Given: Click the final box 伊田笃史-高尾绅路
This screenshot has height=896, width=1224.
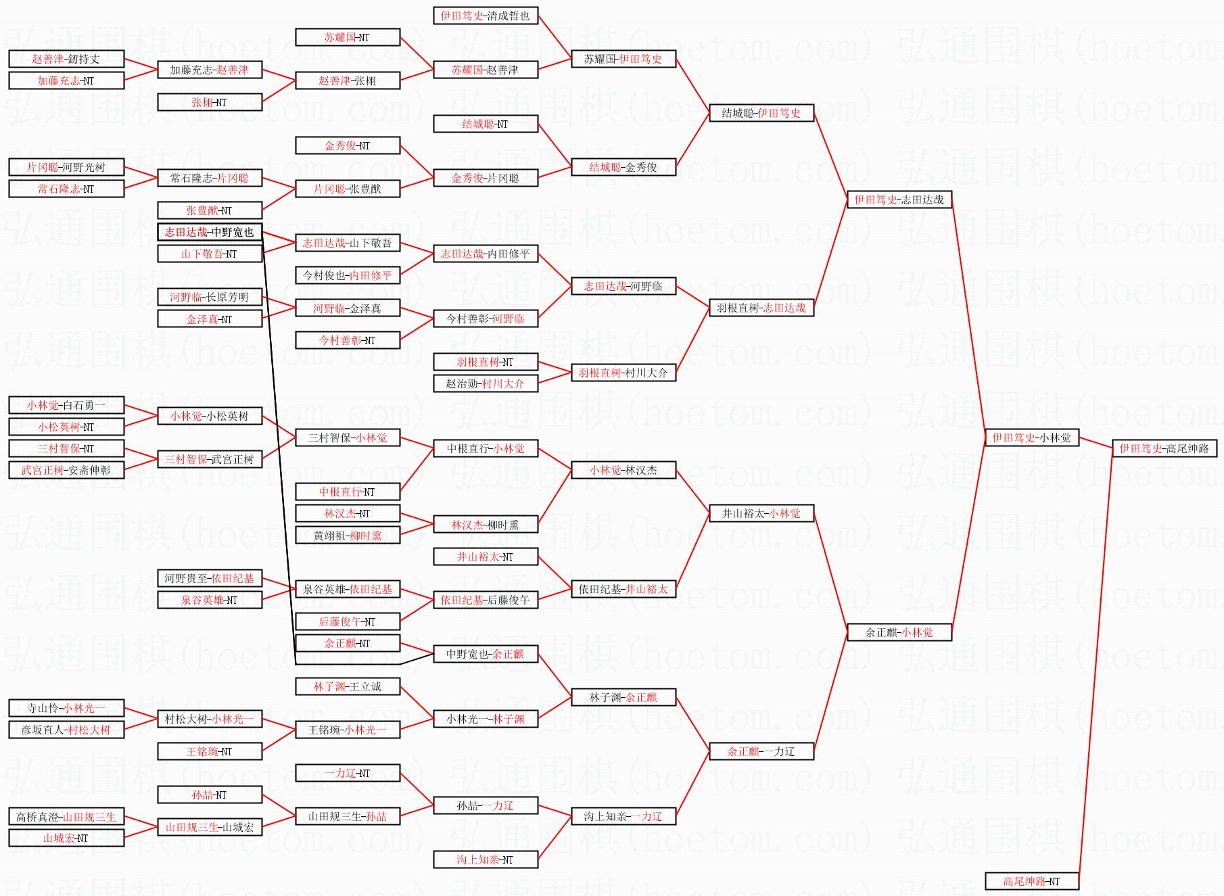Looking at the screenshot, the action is coord(1164,448).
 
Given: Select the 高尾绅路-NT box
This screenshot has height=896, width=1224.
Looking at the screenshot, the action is coord(1031,881).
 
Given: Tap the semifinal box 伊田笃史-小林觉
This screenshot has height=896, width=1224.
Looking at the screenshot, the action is coord(1031,438).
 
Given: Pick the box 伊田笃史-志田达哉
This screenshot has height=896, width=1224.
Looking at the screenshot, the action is coord(899,199).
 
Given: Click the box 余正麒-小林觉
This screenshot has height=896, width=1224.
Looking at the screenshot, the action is coord(899,632).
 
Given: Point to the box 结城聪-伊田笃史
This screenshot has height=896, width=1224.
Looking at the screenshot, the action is coord(761,113).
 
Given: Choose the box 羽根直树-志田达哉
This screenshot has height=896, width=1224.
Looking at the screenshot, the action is coord(761,308).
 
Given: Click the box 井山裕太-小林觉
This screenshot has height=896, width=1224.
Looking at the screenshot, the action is coord(761,513).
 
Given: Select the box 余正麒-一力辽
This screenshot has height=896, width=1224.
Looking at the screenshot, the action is coord(761,751).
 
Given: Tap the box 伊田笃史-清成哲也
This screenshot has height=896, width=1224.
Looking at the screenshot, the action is coord(485,16).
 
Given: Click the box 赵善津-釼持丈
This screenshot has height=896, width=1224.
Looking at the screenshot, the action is coord(66,59).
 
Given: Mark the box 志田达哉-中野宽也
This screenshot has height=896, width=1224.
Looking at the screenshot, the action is coord(209,232).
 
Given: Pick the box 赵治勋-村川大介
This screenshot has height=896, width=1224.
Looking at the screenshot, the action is coord(485,383).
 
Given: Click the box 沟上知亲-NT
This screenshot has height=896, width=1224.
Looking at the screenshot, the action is coord(485,859).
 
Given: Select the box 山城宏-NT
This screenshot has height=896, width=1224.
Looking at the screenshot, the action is coord(66,838).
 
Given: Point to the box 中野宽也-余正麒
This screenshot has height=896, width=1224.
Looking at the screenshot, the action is coord(485,654).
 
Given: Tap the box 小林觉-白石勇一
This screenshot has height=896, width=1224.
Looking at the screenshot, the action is coord(66,405).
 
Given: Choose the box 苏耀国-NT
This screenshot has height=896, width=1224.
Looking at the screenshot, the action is coord(347,37).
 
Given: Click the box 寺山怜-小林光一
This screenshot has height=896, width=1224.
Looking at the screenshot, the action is coord(66,708).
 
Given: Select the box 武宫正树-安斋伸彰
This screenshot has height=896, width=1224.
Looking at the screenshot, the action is coord(66,470).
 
